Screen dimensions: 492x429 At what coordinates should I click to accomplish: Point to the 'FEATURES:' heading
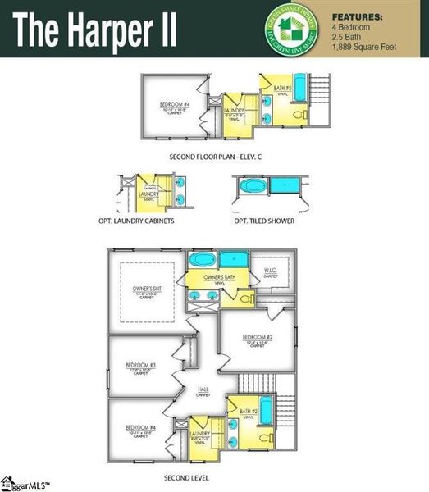click(x=357, y=16)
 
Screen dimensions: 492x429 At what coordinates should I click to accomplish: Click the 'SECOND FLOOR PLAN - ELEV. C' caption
click(x=213, y=156)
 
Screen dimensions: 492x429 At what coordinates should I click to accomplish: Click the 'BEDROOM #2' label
click(x=257, y=337)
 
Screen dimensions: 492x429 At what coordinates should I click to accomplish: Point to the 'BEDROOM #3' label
click(x=141, y=365)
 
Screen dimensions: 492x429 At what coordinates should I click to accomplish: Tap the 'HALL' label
click(x=204, y=389)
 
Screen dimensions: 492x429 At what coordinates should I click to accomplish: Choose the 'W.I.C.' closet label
click(x=269, y=271)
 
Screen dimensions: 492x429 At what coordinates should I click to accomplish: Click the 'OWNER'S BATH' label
click(x=219, y=278)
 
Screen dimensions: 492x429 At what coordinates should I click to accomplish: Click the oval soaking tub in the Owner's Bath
click(x=201, y=261)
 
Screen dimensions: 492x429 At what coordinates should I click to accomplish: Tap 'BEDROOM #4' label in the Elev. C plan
click(x=175, y=105)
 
